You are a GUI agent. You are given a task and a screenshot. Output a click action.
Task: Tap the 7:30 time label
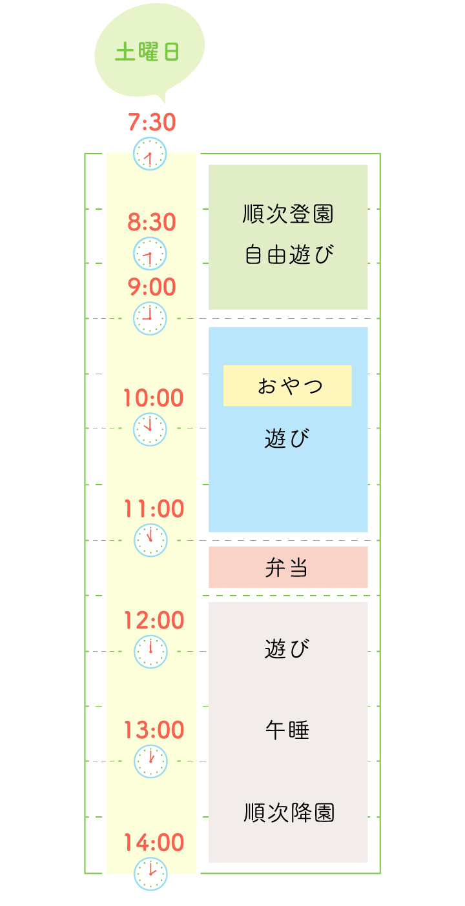tap(151, 121)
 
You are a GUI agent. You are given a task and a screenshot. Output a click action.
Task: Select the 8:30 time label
tap(151, 223)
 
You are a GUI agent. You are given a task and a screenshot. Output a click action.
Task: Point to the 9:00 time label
tap(151, 287)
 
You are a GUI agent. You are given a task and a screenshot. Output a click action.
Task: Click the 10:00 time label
tap(153, 398)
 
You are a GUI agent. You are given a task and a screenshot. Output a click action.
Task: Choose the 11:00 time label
tap(153, 509)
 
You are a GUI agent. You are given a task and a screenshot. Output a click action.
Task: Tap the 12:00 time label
tap(153, 620)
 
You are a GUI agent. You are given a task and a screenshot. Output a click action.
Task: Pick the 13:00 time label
tap(153, 730)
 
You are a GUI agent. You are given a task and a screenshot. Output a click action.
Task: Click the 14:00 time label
tap(153, 842)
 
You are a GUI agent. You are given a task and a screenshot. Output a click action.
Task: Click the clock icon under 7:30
tap(150, 154)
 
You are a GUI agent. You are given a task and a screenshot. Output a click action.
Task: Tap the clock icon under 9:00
tap(150, 318)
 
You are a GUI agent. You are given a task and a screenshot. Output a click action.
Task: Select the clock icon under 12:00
tap(150, 651)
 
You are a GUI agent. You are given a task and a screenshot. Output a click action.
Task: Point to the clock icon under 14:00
tap(150, 874)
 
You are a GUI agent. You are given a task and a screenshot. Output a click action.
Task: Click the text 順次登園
tap(288, 214)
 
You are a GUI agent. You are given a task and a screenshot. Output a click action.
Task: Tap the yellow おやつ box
tap(287, 386)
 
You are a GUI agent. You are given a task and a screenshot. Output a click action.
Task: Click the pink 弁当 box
tap(288, 567)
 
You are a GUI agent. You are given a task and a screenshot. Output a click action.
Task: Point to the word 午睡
tap(287, 730)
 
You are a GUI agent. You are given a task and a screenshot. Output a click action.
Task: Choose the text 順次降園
tap(289, 812)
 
